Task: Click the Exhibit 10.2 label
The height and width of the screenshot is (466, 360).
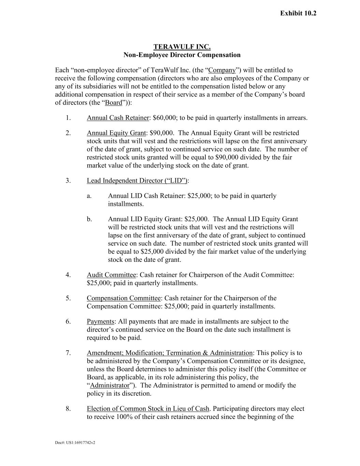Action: (298, 13)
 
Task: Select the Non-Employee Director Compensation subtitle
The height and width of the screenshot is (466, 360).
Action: (182, 55)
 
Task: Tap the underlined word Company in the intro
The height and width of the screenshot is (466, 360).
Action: (222, 70)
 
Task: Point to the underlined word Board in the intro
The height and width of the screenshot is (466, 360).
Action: (114, 103)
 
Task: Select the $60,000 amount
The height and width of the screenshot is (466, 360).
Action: (164, 118)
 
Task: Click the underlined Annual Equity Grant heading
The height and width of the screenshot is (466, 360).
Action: (116, 133)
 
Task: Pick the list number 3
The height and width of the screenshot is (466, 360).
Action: (68, 181)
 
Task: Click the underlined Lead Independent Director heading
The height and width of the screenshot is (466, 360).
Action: (137, 181)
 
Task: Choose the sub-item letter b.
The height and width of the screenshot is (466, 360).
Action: (89, 219)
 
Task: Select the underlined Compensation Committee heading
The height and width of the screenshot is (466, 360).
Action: (124, 298)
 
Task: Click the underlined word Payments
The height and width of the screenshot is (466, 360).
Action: (100, 322)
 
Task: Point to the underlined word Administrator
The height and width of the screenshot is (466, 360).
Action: (110, 385)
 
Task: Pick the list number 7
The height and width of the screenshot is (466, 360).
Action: (68, 353)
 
